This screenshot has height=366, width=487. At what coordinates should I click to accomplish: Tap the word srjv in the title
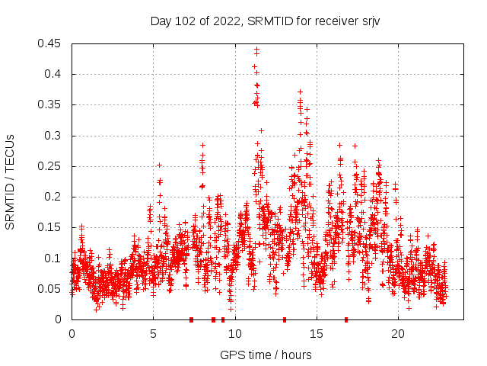point(368,21)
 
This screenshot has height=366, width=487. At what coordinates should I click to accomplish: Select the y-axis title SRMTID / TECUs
point(11,181)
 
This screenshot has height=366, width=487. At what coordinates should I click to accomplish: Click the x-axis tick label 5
point(153,334)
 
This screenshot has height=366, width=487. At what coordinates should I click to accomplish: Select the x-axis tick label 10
point(234,334)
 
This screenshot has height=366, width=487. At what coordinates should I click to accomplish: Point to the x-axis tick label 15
point(316,334)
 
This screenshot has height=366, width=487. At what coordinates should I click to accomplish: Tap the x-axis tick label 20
point(397,334)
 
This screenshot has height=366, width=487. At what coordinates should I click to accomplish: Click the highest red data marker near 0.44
point(256,50)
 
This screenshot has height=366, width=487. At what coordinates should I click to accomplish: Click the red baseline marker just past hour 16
point(346,319)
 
